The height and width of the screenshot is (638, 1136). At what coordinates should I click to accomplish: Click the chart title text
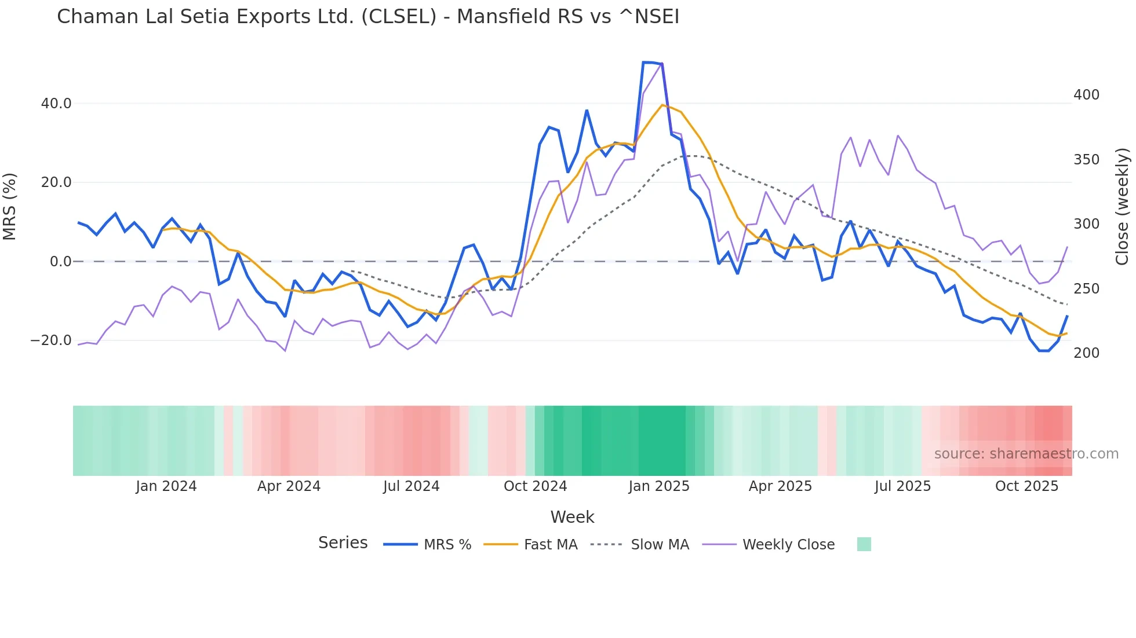[368, 17]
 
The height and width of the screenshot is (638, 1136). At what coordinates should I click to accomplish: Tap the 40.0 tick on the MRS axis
[56, 104]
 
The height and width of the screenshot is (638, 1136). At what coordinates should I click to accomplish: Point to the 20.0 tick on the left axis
[56, 182]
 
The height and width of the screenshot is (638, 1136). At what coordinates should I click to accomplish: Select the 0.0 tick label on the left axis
[61, 262]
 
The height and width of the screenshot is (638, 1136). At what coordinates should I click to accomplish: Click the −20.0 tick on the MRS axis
[51, 340]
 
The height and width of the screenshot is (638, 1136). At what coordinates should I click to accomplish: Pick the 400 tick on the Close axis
[1086, 95]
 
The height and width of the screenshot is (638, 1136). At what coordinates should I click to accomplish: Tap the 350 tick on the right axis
[1086, 160]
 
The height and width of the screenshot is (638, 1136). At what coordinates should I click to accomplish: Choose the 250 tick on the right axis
[1086, 289]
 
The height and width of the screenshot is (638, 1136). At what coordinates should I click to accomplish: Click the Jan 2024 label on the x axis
[166, 486]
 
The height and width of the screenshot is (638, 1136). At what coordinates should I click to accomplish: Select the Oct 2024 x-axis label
[535, 486]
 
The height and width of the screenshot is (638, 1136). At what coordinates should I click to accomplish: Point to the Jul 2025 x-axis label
[902, 486]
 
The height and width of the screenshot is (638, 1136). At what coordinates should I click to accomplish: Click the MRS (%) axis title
[10, 207]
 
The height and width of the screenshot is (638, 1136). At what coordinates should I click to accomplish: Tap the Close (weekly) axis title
[1122, 207]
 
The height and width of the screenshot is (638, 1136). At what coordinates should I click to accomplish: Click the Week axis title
[572, 517]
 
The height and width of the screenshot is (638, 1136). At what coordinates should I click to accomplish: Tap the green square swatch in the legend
[864, 544]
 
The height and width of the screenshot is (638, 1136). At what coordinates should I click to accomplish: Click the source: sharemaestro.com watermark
[1026, 454]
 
